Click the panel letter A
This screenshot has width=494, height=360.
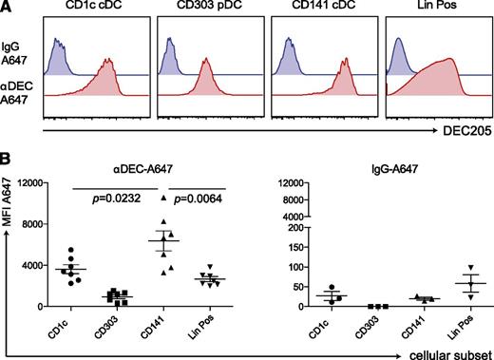8,8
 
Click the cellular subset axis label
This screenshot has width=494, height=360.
446,352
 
